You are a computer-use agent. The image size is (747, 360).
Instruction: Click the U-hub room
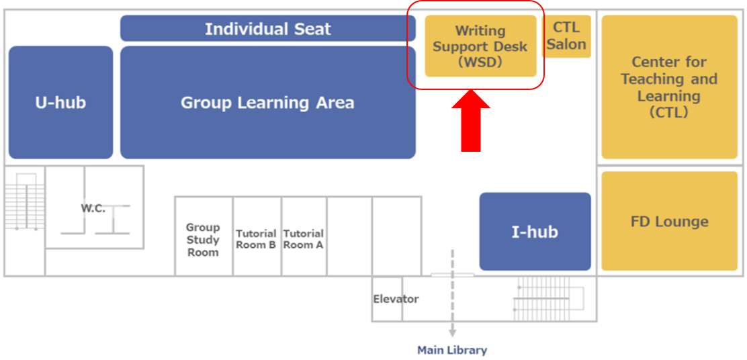tap(60, 103)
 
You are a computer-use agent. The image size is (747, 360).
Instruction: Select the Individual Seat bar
tap(267, 29)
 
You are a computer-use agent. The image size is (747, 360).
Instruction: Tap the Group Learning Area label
tap(267, 103)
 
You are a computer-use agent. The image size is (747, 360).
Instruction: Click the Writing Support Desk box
tap(480, 46)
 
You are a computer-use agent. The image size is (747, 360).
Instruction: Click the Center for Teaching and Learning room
tap(668, 87)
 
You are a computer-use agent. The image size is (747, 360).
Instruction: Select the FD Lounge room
tap(668, 222)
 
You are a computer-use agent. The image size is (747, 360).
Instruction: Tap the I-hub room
tap(535, 232)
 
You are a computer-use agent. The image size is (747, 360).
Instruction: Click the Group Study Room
tap(203, 240)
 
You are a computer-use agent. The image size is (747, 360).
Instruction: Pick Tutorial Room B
tap(256, 239)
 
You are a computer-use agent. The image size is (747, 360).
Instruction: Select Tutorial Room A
tap(303, 239)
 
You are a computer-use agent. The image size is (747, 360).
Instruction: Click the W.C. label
tap(93, 208)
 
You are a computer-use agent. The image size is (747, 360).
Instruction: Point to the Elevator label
tap(396, 299)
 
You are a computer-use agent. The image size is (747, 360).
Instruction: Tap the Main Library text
tap(452, 350)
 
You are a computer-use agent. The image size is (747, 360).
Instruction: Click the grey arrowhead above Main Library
tap(452, 332)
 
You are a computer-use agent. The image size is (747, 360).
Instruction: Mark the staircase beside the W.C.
tap(24, 201)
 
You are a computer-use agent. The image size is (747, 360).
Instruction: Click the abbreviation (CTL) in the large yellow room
tap(668, 113)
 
